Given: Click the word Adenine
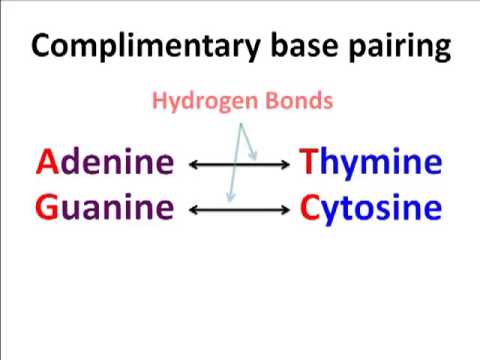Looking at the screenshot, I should [105, 162].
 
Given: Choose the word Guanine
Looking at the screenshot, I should [105, 208].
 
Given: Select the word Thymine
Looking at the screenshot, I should [371, 163].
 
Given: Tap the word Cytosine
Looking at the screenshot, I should [371, 209].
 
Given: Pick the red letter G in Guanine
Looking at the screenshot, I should [47, 208].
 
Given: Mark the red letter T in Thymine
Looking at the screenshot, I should [309, 162].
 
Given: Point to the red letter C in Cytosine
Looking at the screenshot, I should [310, 208].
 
